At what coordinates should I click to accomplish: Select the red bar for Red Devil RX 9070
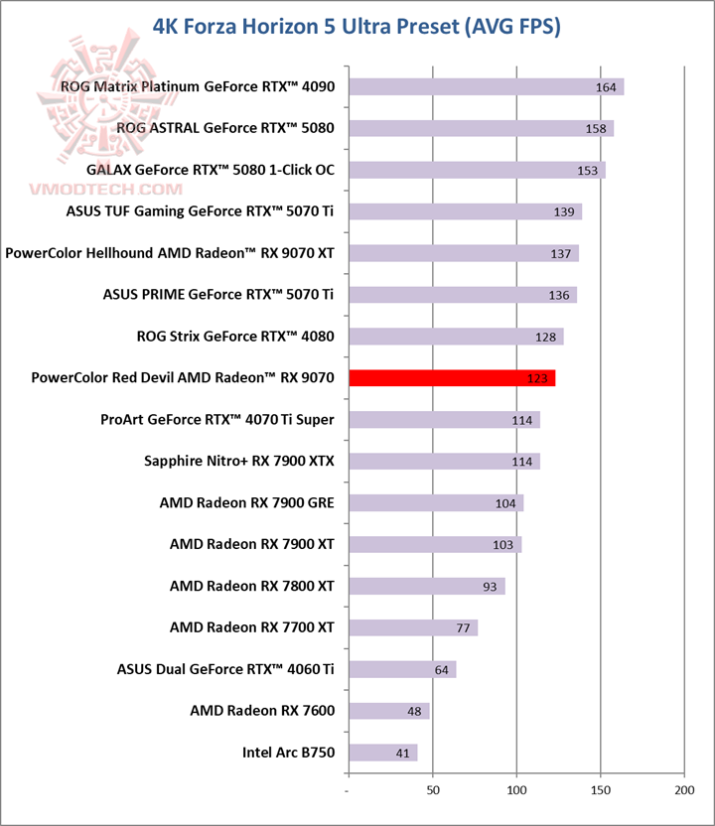452,378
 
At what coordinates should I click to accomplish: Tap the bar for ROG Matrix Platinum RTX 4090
486,86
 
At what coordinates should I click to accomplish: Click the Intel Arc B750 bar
382,753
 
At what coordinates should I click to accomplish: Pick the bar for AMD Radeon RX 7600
388,711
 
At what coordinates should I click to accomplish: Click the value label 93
490,587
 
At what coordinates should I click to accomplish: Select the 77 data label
463,628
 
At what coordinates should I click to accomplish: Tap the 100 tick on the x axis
516,790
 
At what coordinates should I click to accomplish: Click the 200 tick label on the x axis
683,790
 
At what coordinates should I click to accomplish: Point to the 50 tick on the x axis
432,790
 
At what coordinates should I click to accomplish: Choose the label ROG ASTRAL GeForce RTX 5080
225,128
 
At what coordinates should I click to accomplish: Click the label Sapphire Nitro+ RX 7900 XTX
239,462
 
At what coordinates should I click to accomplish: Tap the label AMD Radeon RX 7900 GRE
246,503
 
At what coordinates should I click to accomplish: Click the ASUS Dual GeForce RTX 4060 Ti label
225,669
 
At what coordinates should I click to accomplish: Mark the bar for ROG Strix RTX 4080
456,337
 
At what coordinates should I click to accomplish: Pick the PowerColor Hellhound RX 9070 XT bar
463,253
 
